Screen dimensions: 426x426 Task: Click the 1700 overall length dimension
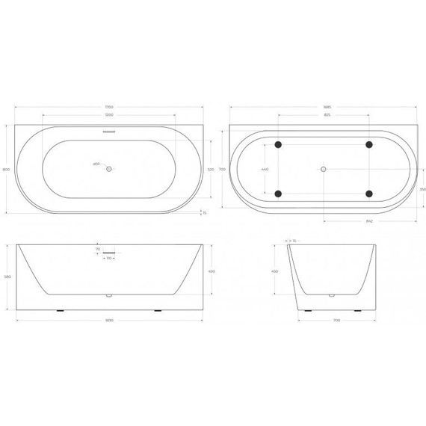109,108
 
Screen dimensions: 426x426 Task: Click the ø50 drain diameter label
96,164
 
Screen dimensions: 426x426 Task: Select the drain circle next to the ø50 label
109,169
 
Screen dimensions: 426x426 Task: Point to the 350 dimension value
422,190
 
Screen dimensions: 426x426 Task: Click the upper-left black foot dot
278,145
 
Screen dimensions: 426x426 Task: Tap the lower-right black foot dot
370,194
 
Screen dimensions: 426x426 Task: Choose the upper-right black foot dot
370,145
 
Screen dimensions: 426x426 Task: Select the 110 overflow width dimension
109,259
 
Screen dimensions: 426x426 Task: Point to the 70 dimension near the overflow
98,250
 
